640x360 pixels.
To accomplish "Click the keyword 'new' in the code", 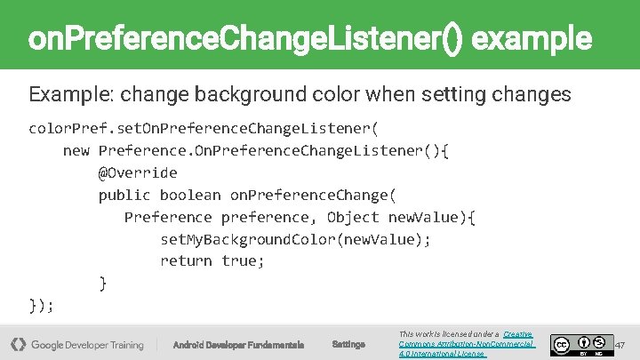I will coord(76,150).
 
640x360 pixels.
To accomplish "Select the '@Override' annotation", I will coord(138,172).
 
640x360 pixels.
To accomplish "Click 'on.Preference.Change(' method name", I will coord(313,195).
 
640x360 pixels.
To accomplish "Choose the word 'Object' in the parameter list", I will coord(353,217).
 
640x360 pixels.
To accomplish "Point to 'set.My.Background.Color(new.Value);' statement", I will coord(295,239).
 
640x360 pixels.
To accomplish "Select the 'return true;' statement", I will coord(212,260).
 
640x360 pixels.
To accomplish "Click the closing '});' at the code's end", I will coord(42,305).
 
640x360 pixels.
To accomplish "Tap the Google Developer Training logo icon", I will coord(18,344).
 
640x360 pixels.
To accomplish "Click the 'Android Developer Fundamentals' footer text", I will coord(238,345).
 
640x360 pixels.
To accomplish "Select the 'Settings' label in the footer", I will coord(348,345).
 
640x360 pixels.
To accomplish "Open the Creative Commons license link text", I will coord(467,344).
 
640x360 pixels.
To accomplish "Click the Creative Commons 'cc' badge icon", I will coord(561,345).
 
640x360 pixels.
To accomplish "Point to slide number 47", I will coord(620,344).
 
